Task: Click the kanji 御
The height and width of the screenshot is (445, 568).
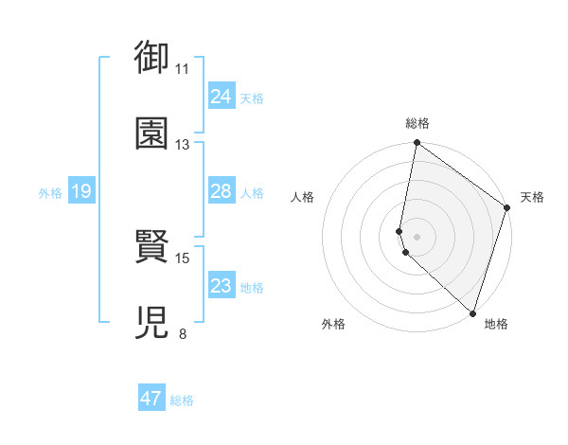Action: point(151,60)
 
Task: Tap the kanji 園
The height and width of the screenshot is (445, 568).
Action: point(151,133)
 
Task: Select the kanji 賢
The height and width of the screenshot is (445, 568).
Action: point(151,248)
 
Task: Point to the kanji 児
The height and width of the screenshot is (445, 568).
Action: point(151,322)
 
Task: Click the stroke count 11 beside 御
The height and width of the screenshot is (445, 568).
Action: point(183,69)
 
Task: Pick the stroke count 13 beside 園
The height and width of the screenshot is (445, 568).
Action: point(183,145)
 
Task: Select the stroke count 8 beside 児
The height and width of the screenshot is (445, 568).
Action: point(183,333)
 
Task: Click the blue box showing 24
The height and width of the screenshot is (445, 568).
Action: point(221,97)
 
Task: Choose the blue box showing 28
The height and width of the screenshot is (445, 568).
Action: point(221,191)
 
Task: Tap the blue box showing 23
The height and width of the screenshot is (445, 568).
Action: point(221,286)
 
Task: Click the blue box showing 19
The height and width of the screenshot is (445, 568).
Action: point(80,192)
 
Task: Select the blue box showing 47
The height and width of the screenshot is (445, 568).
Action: point(151,399)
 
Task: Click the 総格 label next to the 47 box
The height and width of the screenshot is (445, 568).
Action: point(183,400)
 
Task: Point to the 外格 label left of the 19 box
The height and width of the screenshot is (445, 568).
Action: point(50,193)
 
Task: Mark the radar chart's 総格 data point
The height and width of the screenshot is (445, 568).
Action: point(417,144)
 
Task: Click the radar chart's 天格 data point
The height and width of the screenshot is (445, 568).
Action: point(507,209)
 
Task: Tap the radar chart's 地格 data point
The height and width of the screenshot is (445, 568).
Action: point(471,312)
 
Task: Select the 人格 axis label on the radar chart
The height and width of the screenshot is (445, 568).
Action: point(303,197)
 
